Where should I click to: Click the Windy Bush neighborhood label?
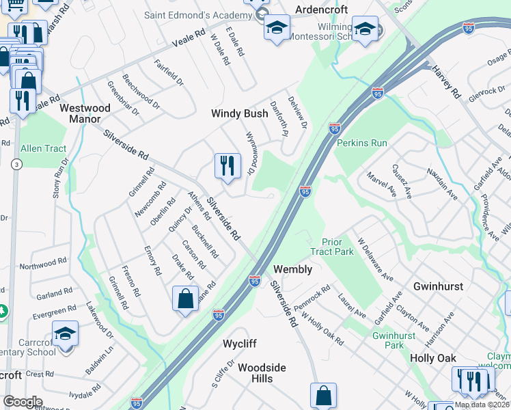pyautogui.click(x=239, y=113)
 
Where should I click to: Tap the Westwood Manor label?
pyautogui.click(x=85, y=113)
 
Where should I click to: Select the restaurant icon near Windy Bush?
pyautogui.click(x=227, y=165)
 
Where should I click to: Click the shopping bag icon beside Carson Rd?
pyautogui.click(x=186, y=299)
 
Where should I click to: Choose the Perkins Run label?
pyautogui.click(x=362, y=143)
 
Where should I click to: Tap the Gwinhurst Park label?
pyautogui.click(x=394, y=340)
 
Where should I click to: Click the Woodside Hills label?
pyautogui.click(x=262, y=373)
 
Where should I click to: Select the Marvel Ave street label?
pyautogui.click(x=381, y=184)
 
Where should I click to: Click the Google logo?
pyautogui.click(x=23, y=402)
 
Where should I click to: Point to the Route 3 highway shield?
pyautogui.click(x=15, y=164)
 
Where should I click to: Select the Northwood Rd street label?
pyautogui.click(x=42, y=264)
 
